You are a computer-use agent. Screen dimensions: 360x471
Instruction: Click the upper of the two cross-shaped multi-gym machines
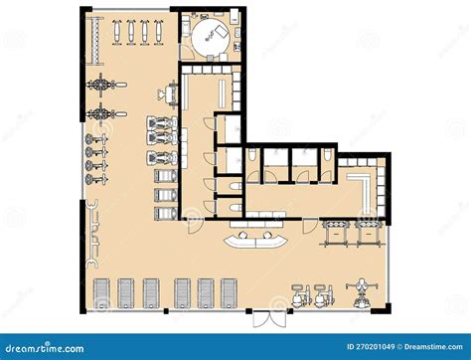coord(101,87)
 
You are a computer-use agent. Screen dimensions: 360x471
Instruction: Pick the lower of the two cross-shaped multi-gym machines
coord(101,112)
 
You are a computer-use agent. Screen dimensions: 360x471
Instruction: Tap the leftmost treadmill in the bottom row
coord(101,292)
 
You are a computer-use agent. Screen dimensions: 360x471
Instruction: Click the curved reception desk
coord(257,240)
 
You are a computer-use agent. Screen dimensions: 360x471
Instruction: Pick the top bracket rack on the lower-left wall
coord(95,208)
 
